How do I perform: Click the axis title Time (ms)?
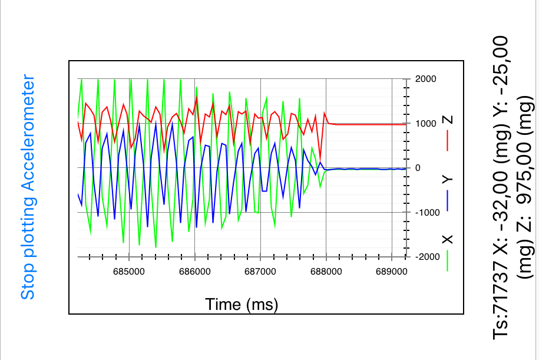click(242, 304)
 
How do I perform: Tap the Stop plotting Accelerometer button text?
click(28, 187)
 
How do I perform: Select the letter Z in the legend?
click(448, 120)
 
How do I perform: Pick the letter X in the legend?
click(448, 239)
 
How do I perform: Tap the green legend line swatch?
click(448, 260)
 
